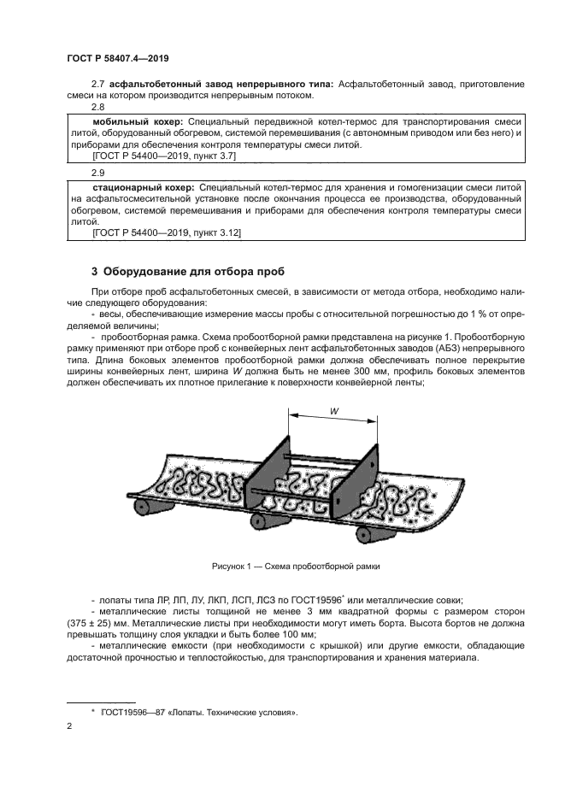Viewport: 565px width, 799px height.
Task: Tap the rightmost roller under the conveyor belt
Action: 373,535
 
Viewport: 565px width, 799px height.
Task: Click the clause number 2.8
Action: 98,109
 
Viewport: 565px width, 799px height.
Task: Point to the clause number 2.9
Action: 98,172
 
